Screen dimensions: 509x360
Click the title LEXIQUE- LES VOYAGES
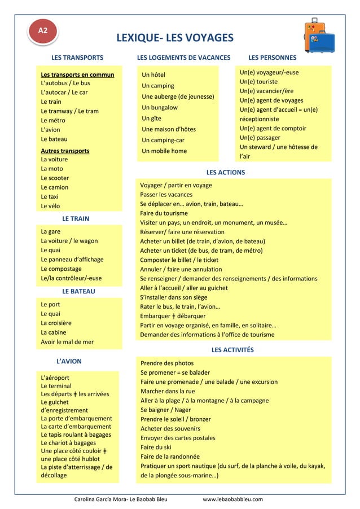(174, 38)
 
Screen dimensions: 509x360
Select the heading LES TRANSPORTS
(77, 58)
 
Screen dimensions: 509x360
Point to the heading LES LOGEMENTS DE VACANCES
(184, 58)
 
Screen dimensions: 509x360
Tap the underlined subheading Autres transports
(65, 151)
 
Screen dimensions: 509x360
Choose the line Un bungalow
(160, 107)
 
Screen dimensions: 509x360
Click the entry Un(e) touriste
(258, 82)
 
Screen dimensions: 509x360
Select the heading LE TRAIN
(76, 218)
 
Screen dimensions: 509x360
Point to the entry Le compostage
(62, 269)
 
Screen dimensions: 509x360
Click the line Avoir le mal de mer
(67, 341)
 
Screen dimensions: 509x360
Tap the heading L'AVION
(69, 361)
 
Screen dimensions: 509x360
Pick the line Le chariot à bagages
(68, 442)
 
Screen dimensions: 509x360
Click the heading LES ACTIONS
(226, 172)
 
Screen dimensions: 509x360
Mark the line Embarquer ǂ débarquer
(173, 315)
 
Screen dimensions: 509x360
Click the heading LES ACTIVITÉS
(232, 350)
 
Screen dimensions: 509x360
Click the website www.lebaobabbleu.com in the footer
(233, 499)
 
